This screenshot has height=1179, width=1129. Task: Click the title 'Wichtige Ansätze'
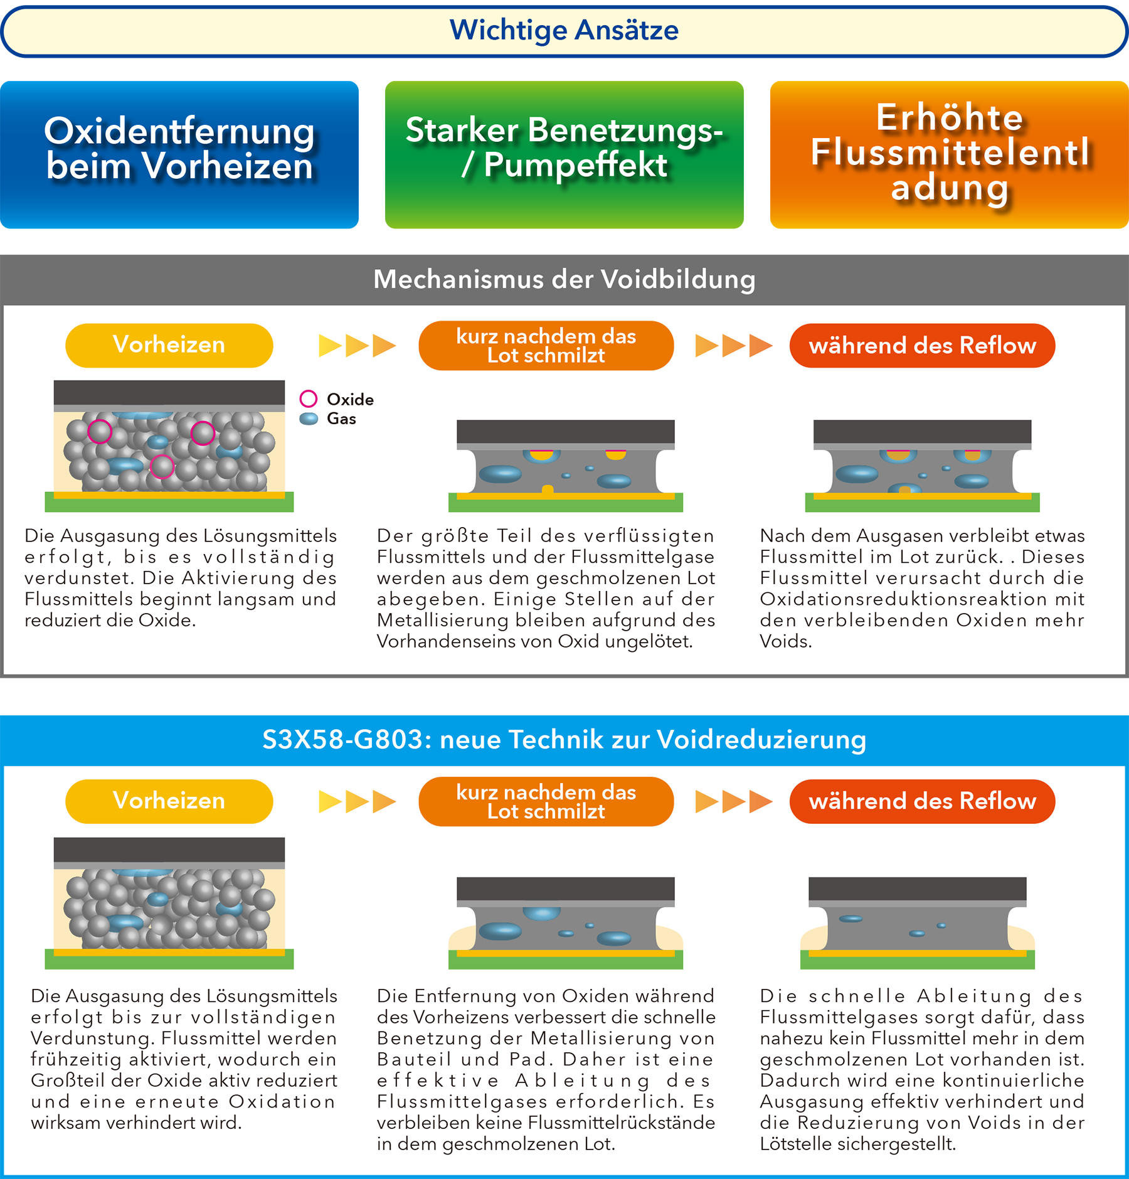[x=564, y=30]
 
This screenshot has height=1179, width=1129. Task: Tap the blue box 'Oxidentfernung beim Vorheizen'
[x=179, y=154]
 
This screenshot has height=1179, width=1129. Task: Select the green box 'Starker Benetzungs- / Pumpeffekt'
[x=564, y=154]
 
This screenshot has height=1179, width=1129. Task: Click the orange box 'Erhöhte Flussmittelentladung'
[x=950, y=154]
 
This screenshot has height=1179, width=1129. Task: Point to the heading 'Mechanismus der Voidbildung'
[x=564, y=279]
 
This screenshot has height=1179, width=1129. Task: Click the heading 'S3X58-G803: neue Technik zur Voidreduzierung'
[x=564, y=739]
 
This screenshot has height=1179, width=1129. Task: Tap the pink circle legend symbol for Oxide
[x=308, y=398]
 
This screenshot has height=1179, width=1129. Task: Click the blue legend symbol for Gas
[x=309, y=419]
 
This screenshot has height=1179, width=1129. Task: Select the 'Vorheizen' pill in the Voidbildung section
[x=169, y=345]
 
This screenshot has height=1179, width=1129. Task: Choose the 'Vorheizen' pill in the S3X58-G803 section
[x=169, y=801]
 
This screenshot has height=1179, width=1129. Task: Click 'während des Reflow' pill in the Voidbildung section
[x=922, y=345]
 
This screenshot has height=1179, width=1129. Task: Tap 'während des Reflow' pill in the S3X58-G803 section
[x=922, y=801]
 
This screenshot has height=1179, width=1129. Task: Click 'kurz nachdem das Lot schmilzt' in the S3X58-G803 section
[x=546, y=801]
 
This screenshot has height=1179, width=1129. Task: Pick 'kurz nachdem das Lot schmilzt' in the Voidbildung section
[x=546, y=345]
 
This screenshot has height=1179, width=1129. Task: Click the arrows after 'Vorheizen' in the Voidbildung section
[x=358, y=346]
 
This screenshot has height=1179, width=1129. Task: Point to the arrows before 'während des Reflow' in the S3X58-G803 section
[x=734, y=802]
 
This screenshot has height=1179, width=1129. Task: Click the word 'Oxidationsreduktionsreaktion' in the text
[x=903, y=599]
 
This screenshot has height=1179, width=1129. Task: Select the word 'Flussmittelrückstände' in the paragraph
[x=622, y=1123]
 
